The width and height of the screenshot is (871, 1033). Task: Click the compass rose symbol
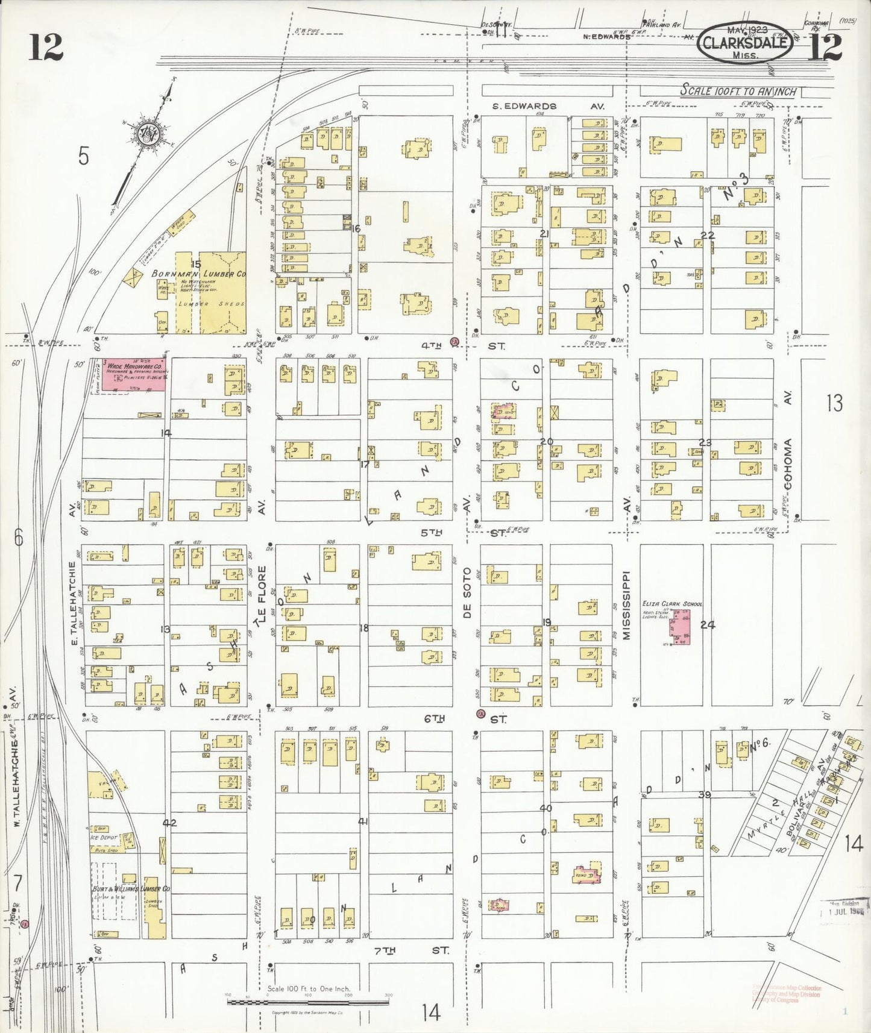pos(148,134)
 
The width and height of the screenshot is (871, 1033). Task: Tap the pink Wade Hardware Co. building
pos(134,376)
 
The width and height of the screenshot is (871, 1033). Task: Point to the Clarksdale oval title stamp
pos(745,43)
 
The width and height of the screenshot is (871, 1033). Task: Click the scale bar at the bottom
pos(308,1002)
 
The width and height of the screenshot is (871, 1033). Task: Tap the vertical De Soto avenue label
pos(467,593)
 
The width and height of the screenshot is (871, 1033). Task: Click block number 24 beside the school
pos(708,625)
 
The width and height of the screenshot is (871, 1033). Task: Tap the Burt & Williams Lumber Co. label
pos(131,888)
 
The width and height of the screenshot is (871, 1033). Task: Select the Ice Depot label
pos(104,838)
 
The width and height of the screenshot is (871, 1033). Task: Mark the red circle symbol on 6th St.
pos(480,714)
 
